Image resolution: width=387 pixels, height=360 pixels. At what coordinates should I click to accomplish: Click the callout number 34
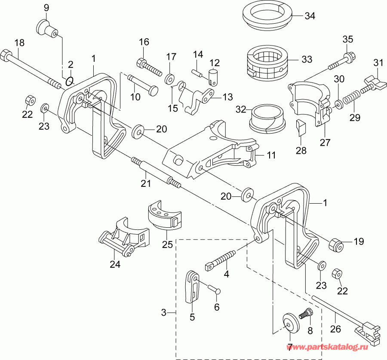(310, 16)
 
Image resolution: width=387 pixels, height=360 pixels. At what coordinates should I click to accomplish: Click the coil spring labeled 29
(352, 97)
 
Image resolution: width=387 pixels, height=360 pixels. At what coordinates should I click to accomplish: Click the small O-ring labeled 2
(71, 80)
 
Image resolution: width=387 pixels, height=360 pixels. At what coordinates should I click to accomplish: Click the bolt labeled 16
(149, 67)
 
